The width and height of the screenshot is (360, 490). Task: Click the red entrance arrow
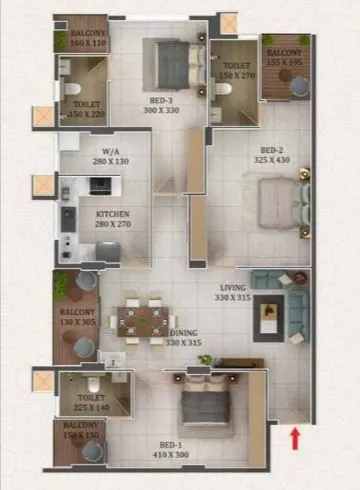(x=295, y=437)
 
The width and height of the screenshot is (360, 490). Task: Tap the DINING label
(x=182, y=332)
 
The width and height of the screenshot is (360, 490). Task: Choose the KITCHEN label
(x=113, y=214)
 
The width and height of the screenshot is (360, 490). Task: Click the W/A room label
(x=111, y=152)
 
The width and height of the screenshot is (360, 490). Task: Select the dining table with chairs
(x=142, y=320)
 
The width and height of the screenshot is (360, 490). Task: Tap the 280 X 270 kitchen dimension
(x=112, y=225)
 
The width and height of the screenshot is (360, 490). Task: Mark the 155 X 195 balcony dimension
(x=284, y=62)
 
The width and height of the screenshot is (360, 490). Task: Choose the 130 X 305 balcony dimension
(x=76, y=323)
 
